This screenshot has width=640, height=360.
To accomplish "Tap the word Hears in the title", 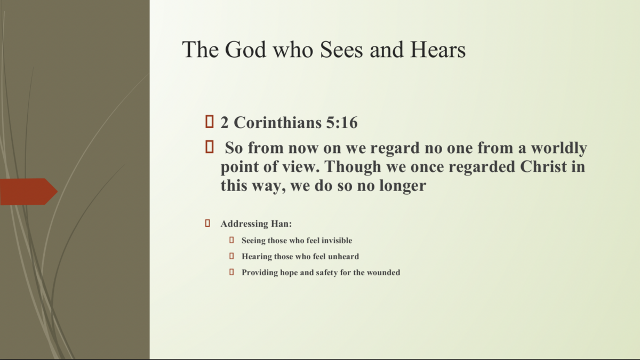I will point(437,50).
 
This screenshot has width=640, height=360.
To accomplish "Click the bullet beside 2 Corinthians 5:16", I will point(209,122).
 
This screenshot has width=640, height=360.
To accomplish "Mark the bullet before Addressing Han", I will point(207,223).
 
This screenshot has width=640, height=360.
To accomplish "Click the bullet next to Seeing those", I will point(232,241).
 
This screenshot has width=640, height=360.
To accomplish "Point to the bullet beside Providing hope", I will point(232,272).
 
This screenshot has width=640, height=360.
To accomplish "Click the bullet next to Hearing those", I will point(232,256).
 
